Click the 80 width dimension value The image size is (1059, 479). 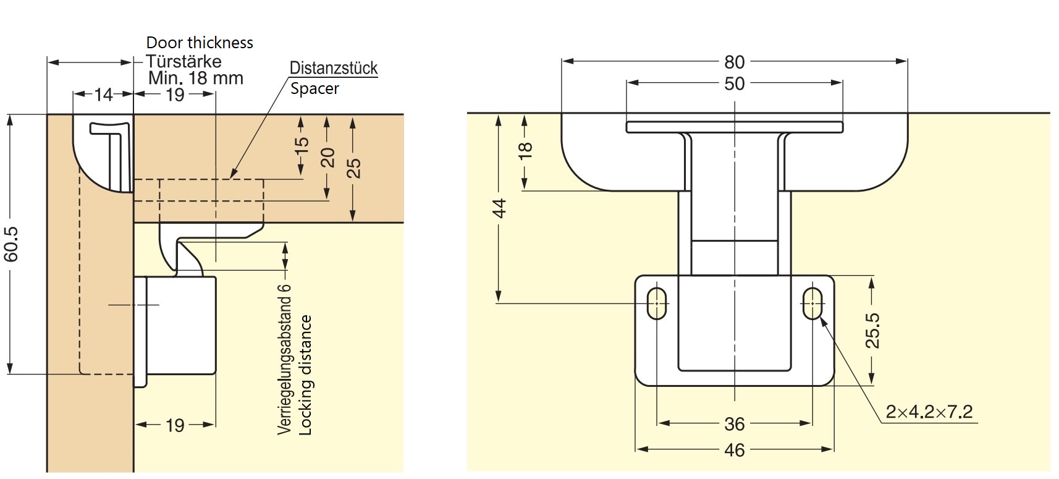(x=734, y=62)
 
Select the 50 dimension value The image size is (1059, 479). (x=734, y=83)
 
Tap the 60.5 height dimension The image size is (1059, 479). (x=12, y=244)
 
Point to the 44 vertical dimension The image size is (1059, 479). (x=500, y=208)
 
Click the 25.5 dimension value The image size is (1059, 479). (x=872, y=331)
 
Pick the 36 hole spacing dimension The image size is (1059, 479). (x=734, y=424)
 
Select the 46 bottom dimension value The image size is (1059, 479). (x=734, y=450)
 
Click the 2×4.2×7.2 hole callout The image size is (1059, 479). (x=929, y=412)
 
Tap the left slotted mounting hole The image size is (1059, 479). (x=657, y=303)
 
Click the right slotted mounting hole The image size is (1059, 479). (x=812, y=303)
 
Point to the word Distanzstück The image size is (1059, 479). (x=334, y=68)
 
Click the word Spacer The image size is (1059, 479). (x=314, y=88)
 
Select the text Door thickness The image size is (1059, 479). (x=200, y=43)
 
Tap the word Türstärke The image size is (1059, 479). (x=184, y=61)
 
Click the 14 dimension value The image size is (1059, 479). (x=103, y=95)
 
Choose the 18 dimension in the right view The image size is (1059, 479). (x=525, y=150)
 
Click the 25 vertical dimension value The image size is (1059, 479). (x=353, y=168)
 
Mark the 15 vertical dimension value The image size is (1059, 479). (x=301, y=145)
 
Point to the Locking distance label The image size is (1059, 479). (x=306, y=375)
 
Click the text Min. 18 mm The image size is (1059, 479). (x=196, y=78)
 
